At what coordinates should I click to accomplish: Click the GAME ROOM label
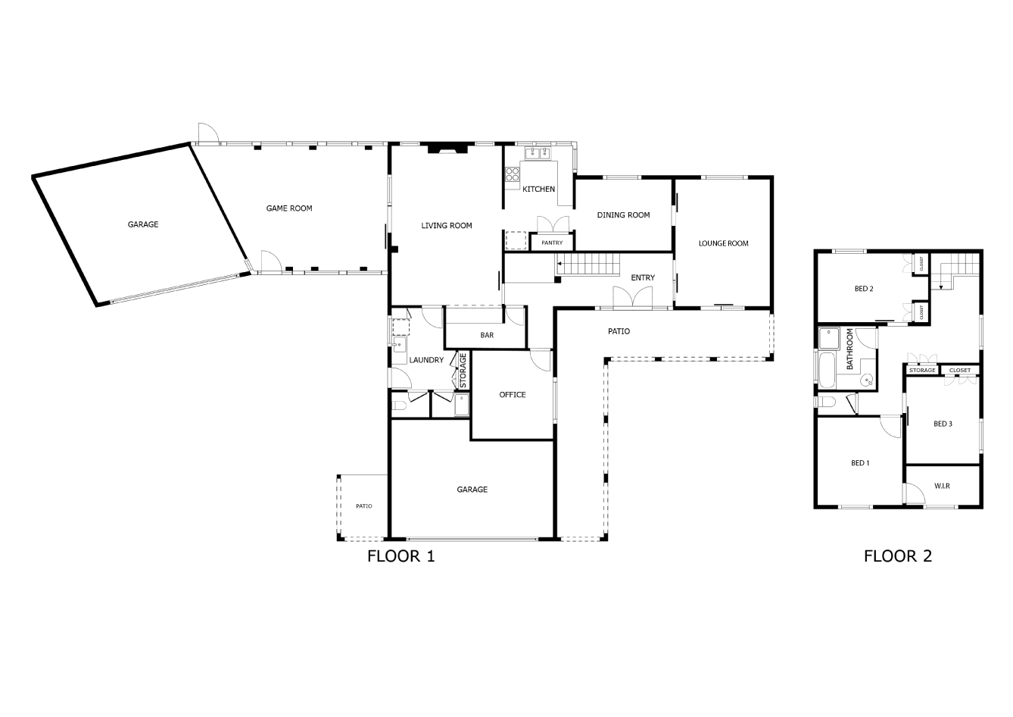click(x=289, y=208)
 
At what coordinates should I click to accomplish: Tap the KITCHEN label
click(x=538, y=189)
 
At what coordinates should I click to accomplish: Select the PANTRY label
click(x=552, y=243)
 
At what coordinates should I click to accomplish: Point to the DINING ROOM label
click(x=624, y=215)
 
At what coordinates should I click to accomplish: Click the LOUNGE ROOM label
click(x=724, y=243)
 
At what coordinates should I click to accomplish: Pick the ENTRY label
click(x=643, y=277)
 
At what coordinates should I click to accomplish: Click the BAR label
click(x=487, y=335)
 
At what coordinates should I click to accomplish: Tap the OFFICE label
click(x=513, y=395)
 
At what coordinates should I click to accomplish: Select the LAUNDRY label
click(x=426, y=360)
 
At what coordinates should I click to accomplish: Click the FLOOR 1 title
click(x=401, y=556)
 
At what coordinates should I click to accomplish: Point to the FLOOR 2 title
click(x=898, y=556)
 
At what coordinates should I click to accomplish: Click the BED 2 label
click(x=864, y=289)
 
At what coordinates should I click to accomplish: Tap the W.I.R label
click(x=942, y=486)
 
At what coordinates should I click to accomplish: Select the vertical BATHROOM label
click(x=849, y=349)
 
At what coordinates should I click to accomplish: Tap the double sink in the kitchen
click(x=538, y=153)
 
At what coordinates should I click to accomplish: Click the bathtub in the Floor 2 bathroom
click(x=827, y=371)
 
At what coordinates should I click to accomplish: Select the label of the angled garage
click(x=143, y=224)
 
